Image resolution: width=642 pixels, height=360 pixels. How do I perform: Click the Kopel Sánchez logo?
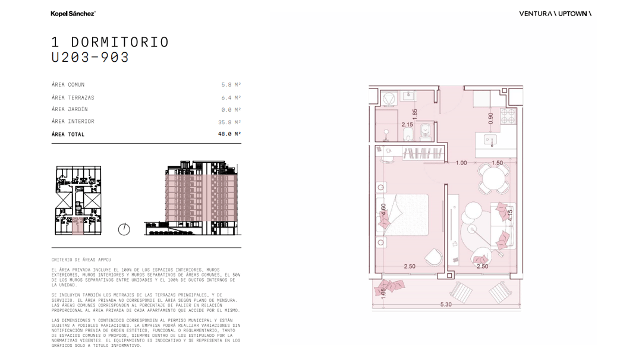[x=73, y=14]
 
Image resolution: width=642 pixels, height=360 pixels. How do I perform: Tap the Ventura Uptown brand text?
[x=555, y=14]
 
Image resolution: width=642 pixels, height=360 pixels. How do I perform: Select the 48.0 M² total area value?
[x=229, y=134]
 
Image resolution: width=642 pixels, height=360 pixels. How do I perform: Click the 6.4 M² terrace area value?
[x=231, y=97]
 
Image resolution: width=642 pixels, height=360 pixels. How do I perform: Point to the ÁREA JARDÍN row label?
[x=70, y=109]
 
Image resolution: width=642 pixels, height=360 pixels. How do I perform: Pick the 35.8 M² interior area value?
[x=229, y=122]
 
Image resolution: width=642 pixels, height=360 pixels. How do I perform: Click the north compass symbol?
[x=124, y=229]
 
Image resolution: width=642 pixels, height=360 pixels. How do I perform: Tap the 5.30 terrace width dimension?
[x=446, y=304]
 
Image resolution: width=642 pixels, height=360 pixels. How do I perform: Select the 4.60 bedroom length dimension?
[x=383, y=210]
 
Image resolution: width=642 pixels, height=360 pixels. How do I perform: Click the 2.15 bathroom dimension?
[x=407, y=124]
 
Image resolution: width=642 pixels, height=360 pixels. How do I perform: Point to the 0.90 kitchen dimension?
[x=490, y=118]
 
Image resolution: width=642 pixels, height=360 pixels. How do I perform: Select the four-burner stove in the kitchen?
[x=508, y=116]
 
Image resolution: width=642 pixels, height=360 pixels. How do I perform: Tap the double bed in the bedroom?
[x=402, y=215]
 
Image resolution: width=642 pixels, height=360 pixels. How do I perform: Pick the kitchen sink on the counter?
[x=490, y=140]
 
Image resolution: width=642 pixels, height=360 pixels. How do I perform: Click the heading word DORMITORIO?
[x=120, y=42]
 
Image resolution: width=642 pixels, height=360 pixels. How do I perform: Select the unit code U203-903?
[x=90, y=57]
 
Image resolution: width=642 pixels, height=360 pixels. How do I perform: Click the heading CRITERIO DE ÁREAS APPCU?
[x=81, y=260]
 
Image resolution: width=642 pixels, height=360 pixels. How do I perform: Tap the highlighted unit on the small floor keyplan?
[x=77, y=226]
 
